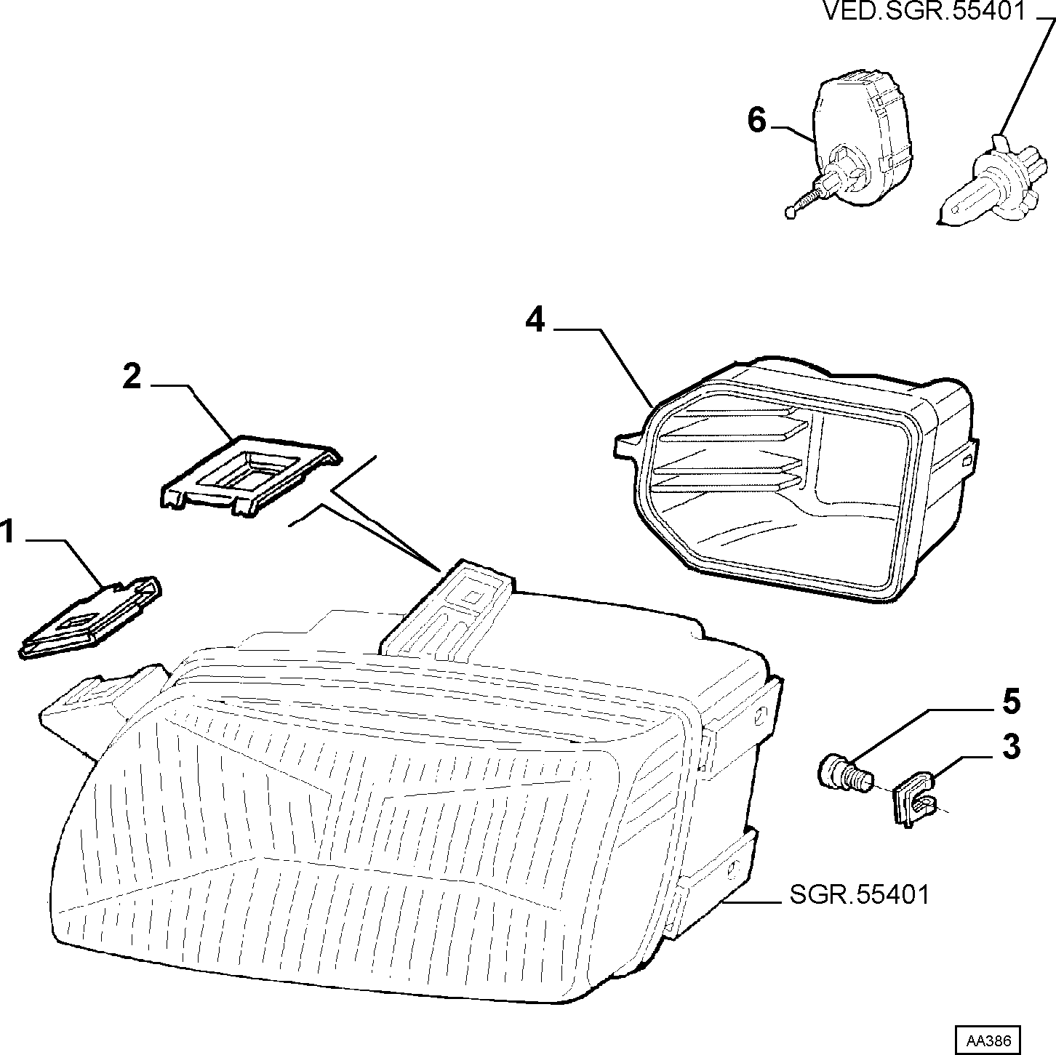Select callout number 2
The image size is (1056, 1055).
point(132,377)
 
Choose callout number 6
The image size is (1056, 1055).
point(757,120)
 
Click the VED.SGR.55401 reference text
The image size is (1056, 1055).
point(924,11)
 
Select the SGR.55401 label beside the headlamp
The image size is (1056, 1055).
point(859,895)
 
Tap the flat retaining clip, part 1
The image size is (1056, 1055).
point(89,617)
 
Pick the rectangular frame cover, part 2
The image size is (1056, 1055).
point(249,476)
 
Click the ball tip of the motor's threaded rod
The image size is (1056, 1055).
point(790,212)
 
